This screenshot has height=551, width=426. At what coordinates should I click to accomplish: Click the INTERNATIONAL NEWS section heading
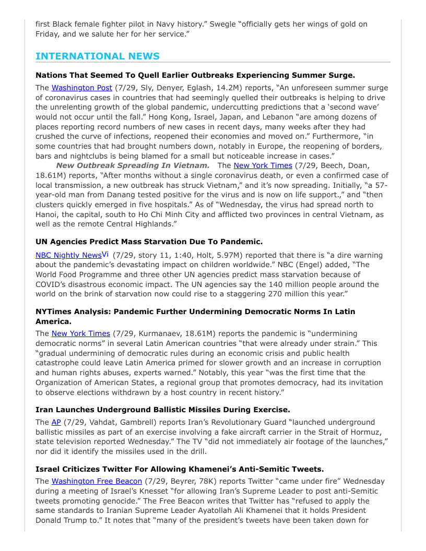pyautogui.click(x=98, y=56)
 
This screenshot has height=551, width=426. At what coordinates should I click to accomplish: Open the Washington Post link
pyautogui.click(x=81, y=88)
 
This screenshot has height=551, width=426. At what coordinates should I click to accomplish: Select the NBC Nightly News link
pyautogui.click(x=68, y=256)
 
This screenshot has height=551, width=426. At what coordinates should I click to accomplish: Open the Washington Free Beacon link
pyautogui.click(x=97, y=482)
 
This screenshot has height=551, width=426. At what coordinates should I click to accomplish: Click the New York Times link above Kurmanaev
pyautogui.click(x=80, y=333)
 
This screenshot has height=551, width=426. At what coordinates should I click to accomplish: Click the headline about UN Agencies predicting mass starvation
pyautogui.click(x=149, y=242)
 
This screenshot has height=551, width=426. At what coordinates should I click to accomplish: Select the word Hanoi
pyautogui.click(x=48, y=214)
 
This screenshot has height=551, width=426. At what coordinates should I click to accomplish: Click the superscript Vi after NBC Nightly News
pyautogui.click(x=105, y=254)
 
